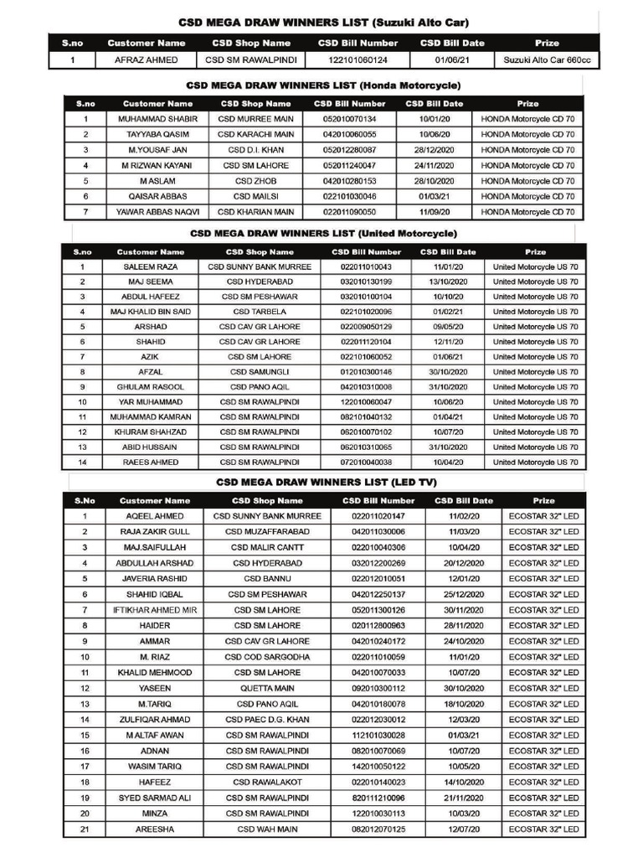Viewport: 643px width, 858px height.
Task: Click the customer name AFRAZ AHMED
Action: (x=147, y=60)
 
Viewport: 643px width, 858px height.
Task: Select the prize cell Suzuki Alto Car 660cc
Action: (x=548, y=60)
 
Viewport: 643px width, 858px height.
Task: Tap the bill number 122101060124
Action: (x=358, y=60)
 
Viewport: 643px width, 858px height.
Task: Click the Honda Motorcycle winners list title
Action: (x=323, y=85)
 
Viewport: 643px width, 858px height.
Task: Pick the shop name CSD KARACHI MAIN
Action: (x=256, y=134)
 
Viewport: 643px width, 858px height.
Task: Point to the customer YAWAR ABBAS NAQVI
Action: (x=157, y=212)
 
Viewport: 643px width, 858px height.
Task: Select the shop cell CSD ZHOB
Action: (x=256, y=181)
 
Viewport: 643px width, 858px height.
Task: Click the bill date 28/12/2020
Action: (x=434, y=150)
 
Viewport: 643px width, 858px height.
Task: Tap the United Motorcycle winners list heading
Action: (x=323, y=233)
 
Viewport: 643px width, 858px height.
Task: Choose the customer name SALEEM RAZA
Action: (x=151, y=266)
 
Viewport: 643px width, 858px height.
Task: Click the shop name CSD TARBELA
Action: (x=260, y=312)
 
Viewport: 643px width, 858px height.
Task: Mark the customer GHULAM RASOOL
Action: (x=151, y=387)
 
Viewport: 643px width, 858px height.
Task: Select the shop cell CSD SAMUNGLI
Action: (x=260, y=372)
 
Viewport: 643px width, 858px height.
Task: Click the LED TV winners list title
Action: (x=326, y=483)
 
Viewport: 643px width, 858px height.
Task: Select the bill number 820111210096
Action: (x=378, y=798)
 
